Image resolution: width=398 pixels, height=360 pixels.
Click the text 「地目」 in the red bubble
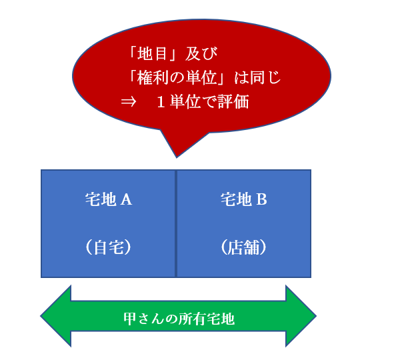[153, 54]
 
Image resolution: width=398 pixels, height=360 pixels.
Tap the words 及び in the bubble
[201, 54]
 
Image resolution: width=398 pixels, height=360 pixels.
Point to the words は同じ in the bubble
[257, 77]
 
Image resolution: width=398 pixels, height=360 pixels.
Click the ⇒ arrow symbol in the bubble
[129, 102]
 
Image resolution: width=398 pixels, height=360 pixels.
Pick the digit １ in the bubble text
[161, 102]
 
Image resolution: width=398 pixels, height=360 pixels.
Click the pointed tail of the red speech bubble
[177, 157]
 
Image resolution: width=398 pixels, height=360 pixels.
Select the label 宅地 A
[109, 199]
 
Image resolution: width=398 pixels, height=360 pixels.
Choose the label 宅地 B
[244, 199]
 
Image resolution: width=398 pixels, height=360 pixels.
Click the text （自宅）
[109, 247]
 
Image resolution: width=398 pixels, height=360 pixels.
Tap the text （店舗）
[244, 247]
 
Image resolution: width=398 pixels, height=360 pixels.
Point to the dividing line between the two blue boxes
[175, 223]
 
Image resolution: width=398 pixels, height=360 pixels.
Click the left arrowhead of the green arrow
[55, 316]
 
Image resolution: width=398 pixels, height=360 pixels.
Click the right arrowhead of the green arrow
[301, 316]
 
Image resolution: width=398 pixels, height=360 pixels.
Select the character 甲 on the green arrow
[130, 319]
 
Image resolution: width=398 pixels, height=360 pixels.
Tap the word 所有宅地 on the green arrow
[207, 319]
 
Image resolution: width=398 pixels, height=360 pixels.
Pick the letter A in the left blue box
[126, 199]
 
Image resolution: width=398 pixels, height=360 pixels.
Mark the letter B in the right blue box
[262, 199]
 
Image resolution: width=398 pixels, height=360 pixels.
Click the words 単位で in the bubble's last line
[193, 102]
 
